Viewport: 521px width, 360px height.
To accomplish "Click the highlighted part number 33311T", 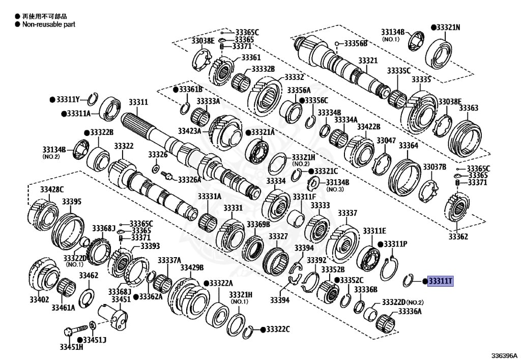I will click(440, 281).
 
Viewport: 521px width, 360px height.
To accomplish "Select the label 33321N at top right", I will click(448, 27).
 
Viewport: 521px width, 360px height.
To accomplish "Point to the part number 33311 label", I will click(137, 102).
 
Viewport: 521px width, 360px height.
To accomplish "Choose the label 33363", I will click(468, 108).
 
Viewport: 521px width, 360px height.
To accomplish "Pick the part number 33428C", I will click(52, 189).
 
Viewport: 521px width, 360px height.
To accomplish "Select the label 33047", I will click(386, 140).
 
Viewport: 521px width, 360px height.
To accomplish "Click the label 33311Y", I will click(68, 99).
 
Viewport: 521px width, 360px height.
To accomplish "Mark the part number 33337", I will click(348, 212).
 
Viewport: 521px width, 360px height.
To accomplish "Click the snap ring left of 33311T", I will click(408, 280).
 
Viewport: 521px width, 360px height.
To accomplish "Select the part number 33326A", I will click(189, 180).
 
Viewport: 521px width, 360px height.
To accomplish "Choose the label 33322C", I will click(278, 329).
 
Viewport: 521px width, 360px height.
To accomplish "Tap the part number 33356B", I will click(356, 43).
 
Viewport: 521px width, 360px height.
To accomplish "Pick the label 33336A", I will click(410, 312).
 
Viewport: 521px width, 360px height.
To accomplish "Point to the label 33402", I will click(39, 299).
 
